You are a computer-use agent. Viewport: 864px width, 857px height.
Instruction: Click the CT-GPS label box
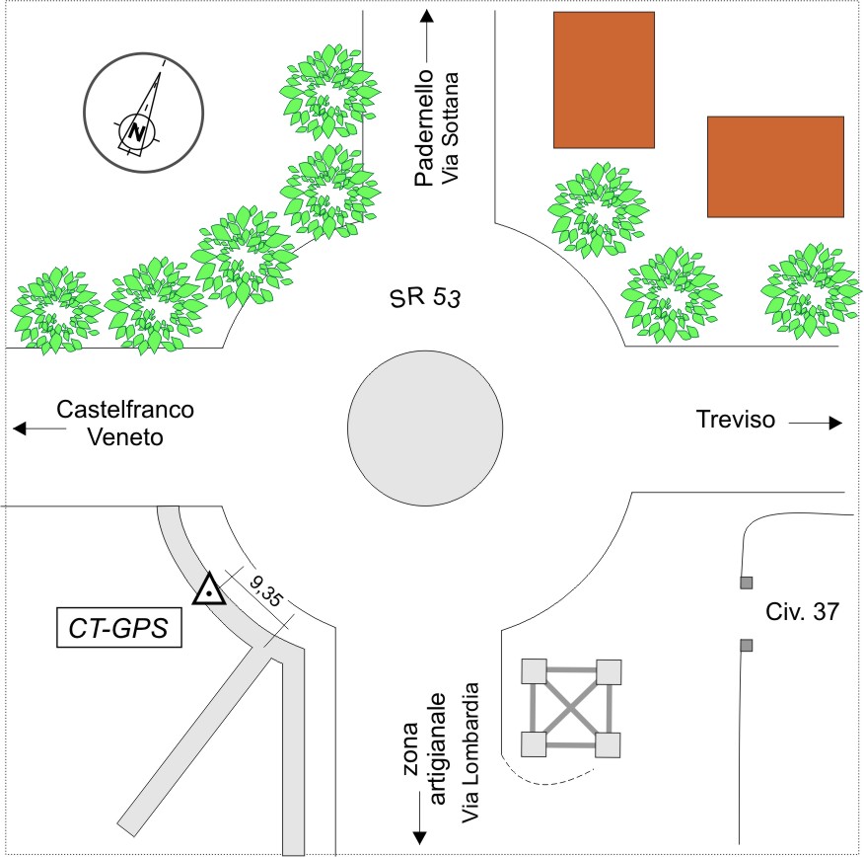(x=119, y=627)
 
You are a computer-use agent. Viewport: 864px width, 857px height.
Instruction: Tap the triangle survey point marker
(x=209, y=590)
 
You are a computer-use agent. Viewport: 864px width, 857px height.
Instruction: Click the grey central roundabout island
(x=425, y=428)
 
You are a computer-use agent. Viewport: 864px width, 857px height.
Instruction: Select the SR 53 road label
(x=424, y=298)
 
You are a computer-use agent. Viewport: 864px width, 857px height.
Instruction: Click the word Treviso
(x=735, y=420)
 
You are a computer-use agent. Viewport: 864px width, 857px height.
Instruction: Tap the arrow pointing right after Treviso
(x=816, y=423)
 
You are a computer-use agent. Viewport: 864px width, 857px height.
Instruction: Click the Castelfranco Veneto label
(x=125, y=423)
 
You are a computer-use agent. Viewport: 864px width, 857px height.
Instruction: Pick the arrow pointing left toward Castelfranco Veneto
(x=39, y=428)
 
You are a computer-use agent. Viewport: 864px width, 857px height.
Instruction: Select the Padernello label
(x=424, y=128)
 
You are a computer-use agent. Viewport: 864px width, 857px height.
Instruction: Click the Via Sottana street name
(x=450, y=128)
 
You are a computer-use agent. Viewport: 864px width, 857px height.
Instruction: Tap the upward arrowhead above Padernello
(x=426, y=16)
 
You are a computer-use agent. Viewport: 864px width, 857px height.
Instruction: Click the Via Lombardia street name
(x=470, y=752)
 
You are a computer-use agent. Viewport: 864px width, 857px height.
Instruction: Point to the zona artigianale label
(x=425, y=748)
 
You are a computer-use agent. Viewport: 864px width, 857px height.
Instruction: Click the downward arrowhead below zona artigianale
(x=420, y=837)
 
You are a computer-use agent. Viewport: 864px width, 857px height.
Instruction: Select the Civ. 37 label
(x=802, y=611)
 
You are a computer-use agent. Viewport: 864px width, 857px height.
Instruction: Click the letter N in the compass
(x=137, y=132)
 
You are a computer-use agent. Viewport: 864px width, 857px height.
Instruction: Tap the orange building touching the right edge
(x=775, y=167)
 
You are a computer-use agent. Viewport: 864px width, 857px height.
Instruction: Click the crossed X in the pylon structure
(x=571, y=708)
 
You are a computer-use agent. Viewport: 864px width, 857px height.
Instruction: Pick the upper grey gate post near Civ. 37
(x=746, y=583)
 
